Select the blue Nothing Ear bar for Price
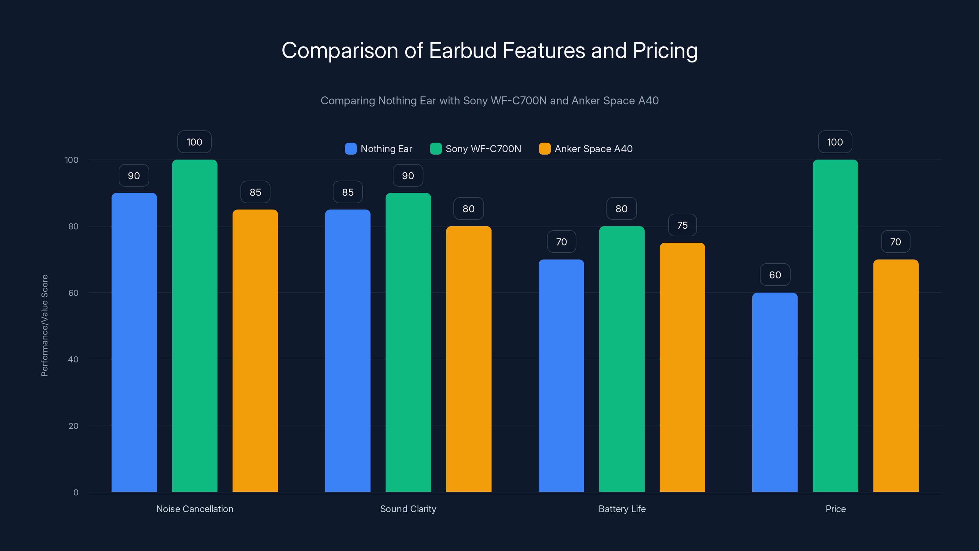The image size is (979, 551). tap(775, 392)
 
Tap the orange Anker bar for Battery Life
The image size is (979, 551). tap(682, 367)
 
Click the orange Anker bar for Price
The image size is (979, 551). tap(896, 375)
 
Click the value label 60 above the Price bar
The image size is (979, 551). tap(775, 275)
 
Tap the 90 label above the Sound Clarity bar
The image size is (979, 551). tap(408, 175)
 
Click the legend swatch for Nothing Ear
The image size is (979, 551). tap(350, 149)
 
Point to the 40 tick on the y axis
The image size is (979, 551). tap(73, 359)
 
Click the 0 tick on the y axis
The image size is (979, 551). tap(76, 493)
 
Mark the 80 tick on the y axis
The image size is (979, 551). tap(73, 226)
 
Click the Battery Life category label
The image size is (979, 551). tap(622, 509)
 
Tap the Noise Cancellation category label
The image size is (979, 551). tap(195, 509)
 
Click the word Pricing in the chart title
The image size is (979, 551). tap(665, 50)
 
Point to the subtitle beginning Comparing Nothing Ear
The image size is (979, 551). tap(489, 100)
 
